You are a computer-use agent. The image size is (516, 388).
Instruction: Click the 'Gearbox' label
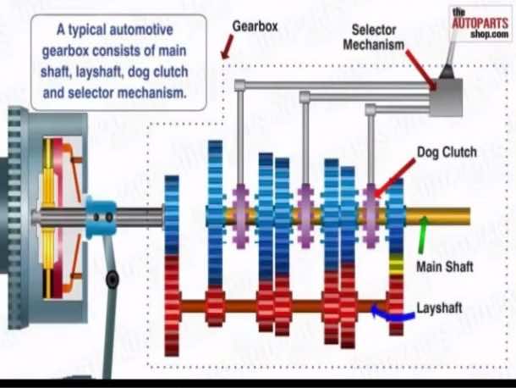(255, 26)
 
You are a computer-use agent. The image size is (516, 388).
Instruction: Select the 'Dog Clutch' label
(447, 152)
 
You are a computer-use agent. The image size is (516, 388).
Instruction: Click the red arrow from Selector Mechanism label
(420, 69)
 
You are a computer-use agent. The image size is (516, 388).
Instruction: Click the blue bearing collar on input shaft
(103, 217)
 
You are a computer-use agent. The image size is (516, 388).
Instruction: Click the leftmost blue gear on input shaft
(173, 217)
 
